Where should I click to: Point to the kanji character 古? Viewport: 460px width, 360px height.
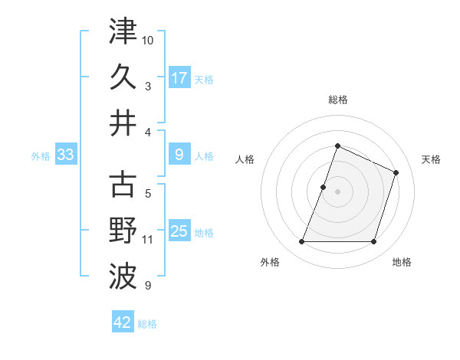coord(123,185)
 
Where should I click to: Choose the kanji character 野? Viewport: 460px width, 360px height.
coord(123,231)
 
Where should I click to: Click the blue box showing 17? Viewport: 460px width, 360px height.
coord(179,77)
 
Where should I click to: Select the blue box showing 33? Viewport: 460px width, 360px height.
coord(65,155)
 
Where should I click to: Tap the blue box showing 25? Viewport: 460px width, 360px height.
coord(179,231)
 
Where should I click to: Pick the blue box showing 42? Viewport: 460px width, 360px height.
coord(123,322)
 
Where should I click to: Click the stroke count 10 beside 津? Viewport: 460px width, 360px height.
coord(149,38)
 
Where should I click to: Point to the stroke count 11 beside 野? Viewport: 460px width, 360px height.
coord(148,240)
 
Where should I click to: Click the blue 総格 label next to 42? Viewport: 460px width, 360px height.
coord(147,324)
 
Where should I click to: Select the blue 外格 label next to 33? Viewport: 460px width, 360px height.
coord(41,156)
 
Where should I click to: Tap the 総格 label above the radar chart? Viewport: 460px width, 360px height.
coord(337,100)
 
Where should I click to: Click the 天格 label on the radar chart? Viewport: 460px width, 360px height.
coord(432,159)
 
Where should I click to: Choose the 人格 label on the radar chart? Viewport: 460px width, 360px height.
coord(245,159)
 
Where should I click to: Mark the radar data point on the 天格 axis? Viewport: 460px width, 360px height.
coord(396,172)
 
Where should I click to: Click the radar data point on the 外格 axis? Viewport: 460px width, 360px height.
coord(301,242)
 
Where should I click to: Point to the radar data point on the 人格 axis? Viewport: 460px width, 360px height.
coord(324,187)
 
